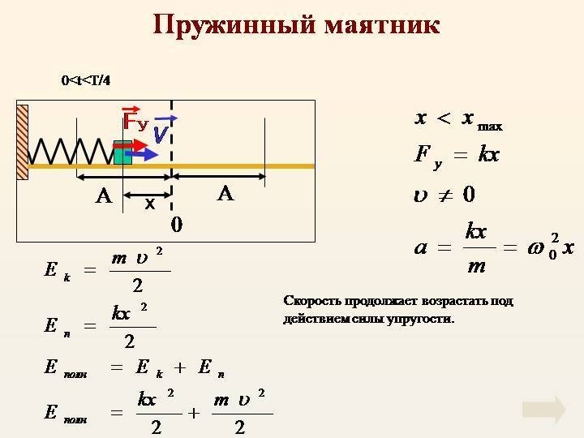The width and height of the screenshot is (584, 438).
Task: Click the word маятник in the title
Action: (382, 25)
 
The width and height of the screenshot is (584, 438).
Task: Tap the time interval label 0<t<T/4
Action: (86, 80)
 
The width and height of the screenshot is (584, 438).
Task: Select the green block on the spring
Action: (122, 152)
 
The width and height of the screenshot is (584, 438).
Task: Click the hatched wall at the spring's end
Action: (23, 142)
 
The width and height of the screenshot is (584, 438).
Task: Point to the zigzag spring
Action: (71, 151)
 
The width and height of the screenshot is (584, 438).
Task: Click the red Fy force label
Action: (135, 118)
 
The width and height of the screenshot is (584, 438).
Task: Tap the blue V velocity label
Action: (164, 129)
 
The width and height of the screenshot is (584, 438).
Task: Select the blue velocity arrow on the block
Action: (142, 154)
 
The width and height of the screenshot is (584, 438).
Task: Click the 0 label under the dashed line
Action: (177, 225)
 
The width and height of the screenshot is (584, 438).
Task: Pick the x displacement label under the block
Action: (150, 204)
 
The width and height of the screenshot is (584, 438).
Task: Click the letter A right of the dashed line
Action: (225, 194)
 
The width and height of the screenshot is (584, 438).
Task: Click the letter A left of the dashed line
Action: (104, 195)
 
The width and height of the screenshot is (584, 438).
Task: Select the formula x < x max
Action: (458, 120)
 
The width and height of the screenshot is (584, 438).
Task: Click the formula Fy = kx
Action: (457, 156)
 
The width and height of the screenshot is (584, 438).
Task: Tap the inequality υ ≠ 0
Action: (444, 195)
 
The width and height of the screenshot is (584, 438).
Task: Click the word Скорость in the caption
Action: (311, 301)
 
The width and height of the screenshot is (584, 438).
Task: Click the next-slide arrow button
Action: (544, 410)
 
